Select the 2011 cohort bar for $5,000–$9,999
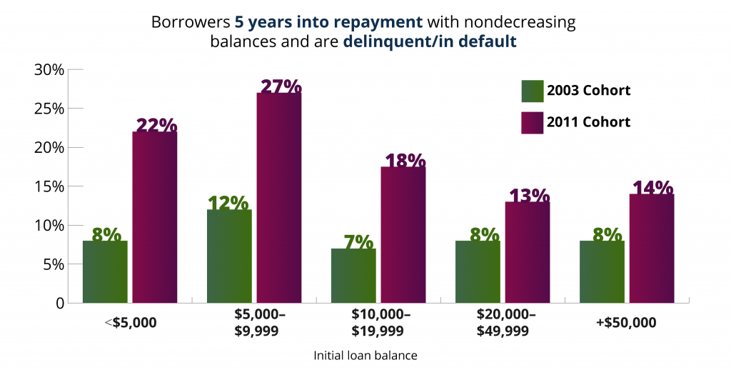[x=279, y=198]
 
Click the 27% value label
[x=281, y=86]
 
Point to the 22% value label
[x=156, y=125]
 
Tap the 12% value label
[x=228, y=203]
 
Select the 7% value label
[x=354, y=241]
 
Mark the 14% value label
[x=652, y=188]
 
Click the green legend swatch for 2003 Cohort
[x=532, y=91]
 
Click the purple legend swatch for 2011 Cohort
[x=532, y=121]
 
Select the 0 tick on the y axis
[x=60, y=303]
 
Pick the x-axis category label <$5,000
[x=130, y=322]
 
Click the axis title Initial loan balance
[x=365, y=354]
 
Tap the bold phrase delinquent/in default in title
[x=429, y=41]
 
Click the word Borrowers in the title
[x=190, y=22]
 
